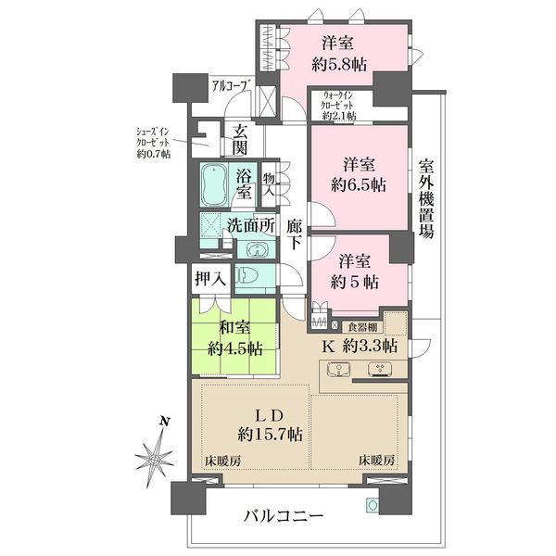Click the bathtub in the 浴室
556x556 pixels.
coord(214,185)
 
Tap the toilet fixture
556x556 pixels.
coord(246,276)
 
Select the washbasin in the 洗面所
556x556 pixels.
coord(258,249)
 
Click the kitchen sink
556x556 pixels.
coord(339,370)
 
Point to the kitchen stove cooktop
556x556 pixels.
coord(380,369)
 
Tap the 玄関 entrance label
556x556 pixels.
coord(240,141)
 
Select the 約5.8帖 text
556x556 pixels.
coord(339,65)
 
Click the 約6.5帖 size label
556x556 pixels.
coord(359,184)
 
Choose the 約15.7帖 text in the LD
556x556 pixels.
coord(271,434)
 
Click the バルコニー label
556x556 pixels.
coord(284,515)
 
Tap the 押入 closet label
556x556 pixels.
coord(210,279)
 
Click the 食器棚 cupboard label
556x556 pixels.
coord(362,327)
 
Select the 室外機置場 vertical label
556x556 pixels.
coord(427,199)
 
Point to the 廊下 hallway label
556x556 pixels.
coord(295,234)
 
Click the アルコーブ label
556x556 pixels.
coord(230,86)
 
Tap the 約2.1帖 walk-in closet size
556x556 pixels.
coord(339,116)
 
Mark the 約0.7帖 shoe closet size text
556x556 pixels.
coord(154,154)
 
